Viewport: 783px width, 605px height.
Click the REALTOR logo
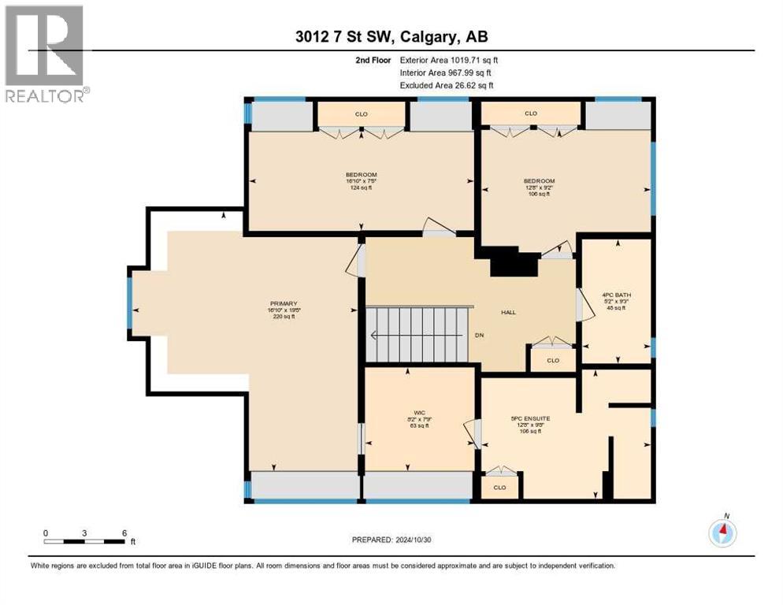tap(45, 54)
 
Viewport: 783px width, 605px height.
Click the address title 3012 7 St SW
tap(391, 37)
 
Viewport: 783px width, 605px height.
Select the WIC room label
tap(420, 412)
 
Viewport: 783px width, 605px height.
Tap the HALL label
tap(508, 313)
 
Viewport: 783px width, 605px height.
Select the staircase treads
tap(417, 334)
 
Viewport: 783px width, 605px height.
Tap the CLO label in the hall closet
tap(552, 361)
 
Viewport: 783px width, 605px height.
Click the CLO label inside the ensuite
tap(499, 488)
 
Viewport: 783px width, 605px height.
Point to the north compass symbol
tap(722, 533)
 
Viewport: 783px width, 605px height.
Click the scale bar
tap(85, 540)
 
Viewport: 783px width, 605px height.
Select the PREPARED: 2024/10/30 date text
tap(391, 540)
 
